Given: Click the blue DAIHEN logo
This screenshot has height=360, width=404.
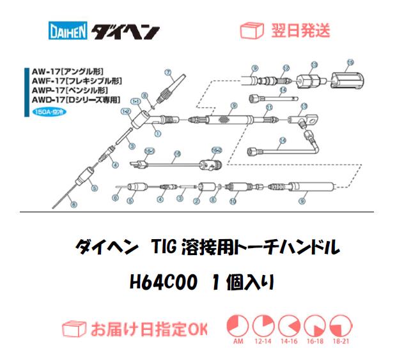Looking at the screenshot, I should (68, 31).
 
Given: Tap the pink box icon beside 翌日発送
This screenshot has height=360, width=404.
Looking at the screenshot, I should (249, 30).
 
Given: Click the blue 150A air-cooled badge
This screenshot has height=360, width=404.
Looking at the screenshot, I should (47, 111).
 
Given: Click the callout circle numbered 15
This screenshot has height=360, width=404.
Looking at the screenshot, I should (350, 62).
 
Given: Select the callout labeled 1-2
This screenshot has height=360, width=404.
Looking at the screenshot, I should (126, 111).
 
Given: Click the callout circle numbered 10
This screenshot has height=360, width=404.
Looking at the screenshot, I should (233, 201).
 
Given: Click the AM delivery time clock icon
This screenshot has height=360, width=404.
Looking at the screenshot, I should (238, 326).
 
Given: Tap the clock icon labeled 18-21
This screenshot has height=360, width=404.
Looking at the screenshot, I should (340, 326).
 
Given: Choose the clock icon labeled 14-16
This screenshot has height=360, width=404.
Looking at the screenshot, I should (289, 326).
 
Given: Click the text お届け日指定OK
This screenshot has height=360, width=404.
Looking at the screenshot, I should (148, 329).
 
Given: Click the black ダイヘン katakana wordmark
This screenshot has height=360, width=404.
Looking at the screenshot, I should (126, 31).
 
